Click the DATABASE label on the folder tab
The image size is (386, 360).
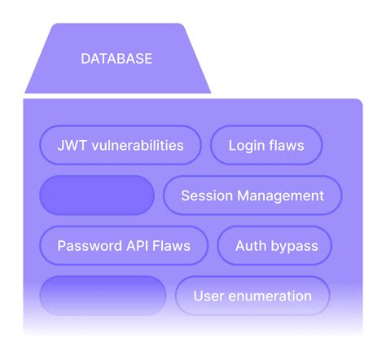(116, 59)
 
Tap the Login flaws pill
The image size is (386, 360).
(266, 146)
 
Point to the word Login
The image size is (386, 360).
(247, 146)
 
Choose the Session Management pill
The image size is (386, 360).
(252, 195)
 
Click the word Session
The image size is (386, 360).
(206, 195)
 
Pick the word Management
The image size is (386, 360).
(279, 195)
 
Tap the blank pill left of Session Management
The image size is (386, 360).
(97, 195)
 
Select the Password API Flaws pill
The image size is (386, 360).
(123, 245)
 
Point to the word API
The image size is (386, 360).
(137, 245)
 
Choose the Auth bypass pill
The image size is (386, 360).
(277, 245)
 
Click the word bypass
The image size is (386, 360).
(295, 245)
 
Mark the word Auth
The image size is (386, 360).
(251, 245)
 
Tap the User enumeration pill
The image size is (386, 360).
(252, 296)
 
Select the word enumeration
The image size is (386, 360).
(270, 296)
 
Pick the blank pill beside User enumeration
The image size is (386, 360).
(103, 296)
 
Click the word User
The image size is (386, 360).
(208, 296)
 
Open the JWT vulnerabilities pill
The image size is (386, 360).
(120, 146)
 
